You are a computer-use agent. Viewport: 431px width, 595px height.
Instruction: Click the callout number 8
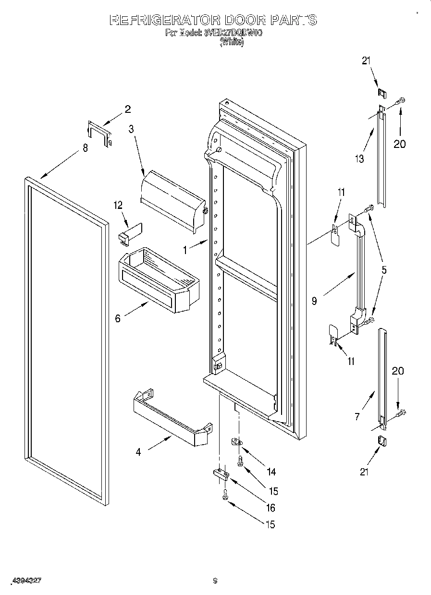point(85,148)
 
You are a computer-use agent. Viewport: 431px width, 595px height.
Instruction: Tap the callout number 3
point(130,128)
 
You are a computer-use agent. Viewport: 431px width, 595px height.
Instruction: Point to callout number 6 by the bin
point(118,318)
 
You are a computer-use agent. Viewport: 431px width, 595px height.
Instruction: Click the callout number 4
point(138,452)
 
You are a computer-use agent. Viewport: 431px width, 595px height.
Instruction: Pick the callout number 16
point(271,508)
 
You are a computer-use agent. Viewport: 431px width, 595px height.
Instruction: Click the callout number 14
point(271,472)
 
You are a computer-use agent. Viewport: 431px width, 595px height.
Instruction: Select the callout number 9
point(314,302)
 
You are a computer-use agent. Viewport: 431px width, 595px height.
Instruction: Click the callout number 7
point(357,417)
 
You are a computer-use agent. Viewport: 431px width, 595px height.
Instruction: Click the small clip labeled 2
point(99,134)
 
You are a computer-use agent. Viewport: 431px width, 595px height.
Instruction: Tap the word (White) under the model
point(232,43)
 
